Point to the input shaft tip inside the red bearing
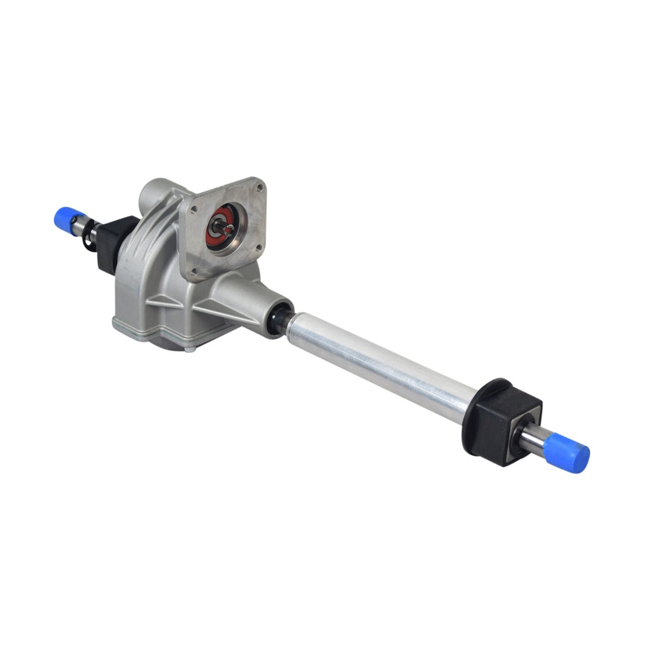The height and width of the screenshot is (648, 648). pyautogui.click(x=222, y=227)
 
